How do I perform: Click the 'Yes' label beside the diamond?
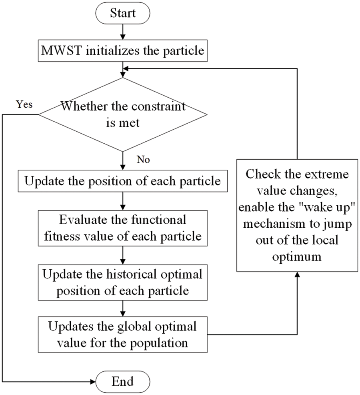coord(24,105)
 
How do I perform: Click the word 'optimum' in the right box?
coord(297,256)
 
